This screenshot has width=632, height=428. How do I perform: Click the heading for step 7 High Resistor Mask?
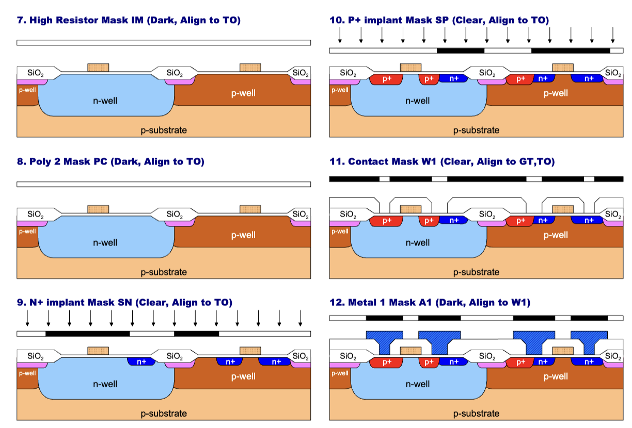pos(129,21)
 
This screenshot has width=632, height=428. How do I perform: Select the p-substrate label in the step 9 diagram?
pos(164,413)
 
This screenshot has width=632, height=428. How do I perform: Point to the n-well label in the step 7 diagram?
pos(105,101)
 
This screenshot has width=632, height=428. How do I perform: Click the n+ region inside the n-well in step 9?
pos(139,361)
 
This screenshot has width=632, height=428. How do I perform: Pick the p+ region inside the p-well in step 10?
pos(520,78)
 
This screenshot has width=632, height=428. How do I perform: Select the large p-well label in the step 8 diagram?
pos(243,235)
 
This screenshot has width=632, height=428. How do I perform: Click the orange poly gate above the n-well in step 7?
pos(98,68)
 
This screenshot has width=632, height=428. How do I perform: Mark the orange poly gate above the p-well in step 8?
pos(250,209)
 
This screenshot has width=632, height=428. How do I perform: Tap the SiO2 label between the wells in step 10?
pos(486,73)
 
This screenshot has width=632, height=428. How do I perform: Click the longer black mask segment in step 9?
pos(88,333)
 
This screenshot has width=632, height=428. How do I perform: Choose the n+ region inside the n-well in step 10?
pos(453,78)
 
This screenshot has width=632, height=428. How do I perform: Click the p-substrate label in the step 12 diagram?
pos(476,413)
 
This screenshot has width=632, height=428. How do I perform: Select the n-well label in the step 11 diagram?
pos(417,242)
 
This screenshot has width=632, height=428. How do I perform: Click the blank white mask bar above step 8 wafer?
pos(164,184)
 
